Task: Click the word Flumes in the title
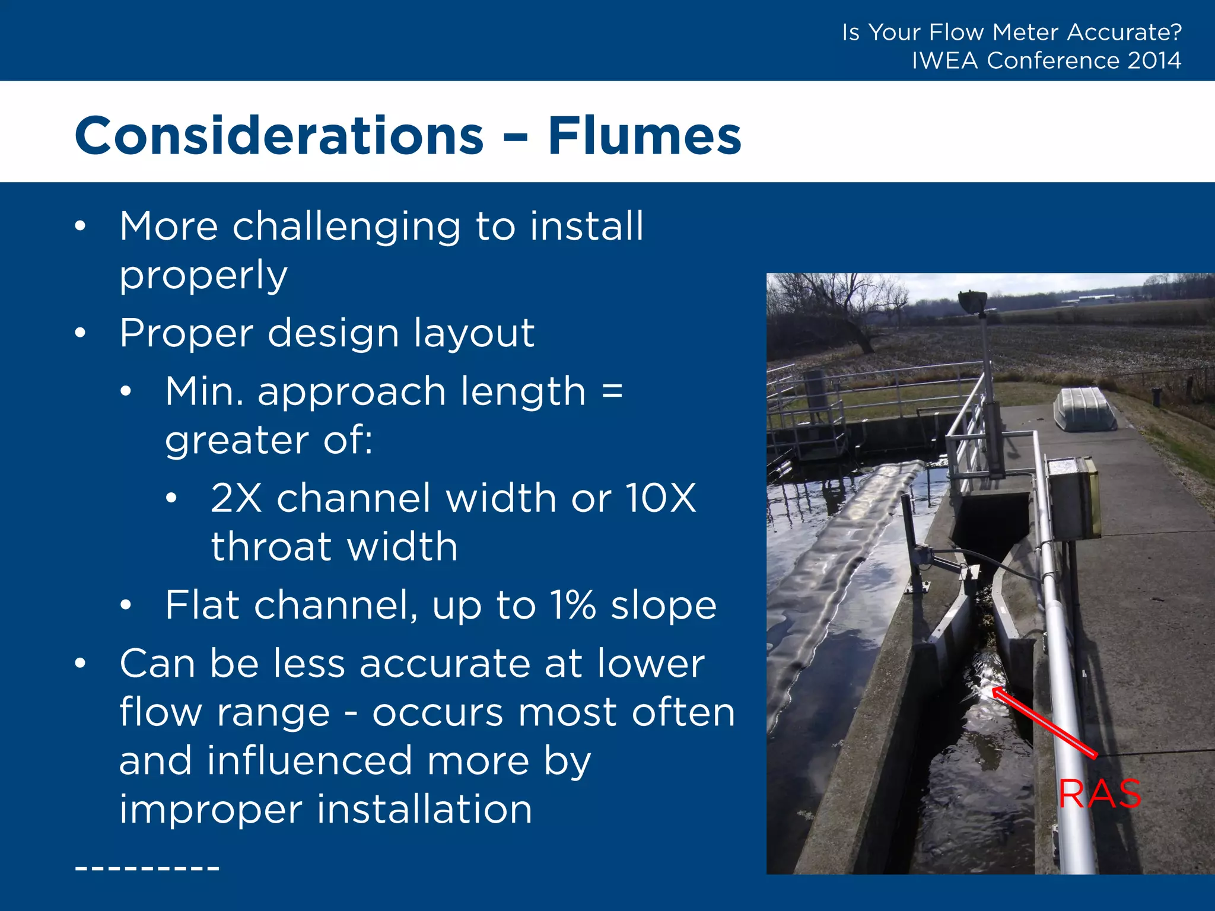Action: coord(644,136)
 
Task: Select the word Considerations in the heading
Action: coord(279,136)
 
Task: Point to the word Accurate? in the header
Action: coord(1124,32)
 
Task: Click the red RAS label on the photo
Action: coord(1100,794)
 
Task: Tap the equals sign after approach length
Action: coord(612,391)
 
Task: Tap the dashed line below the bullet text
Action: coord(147,868)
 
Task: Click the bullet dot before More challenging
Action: coord(80,227)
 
